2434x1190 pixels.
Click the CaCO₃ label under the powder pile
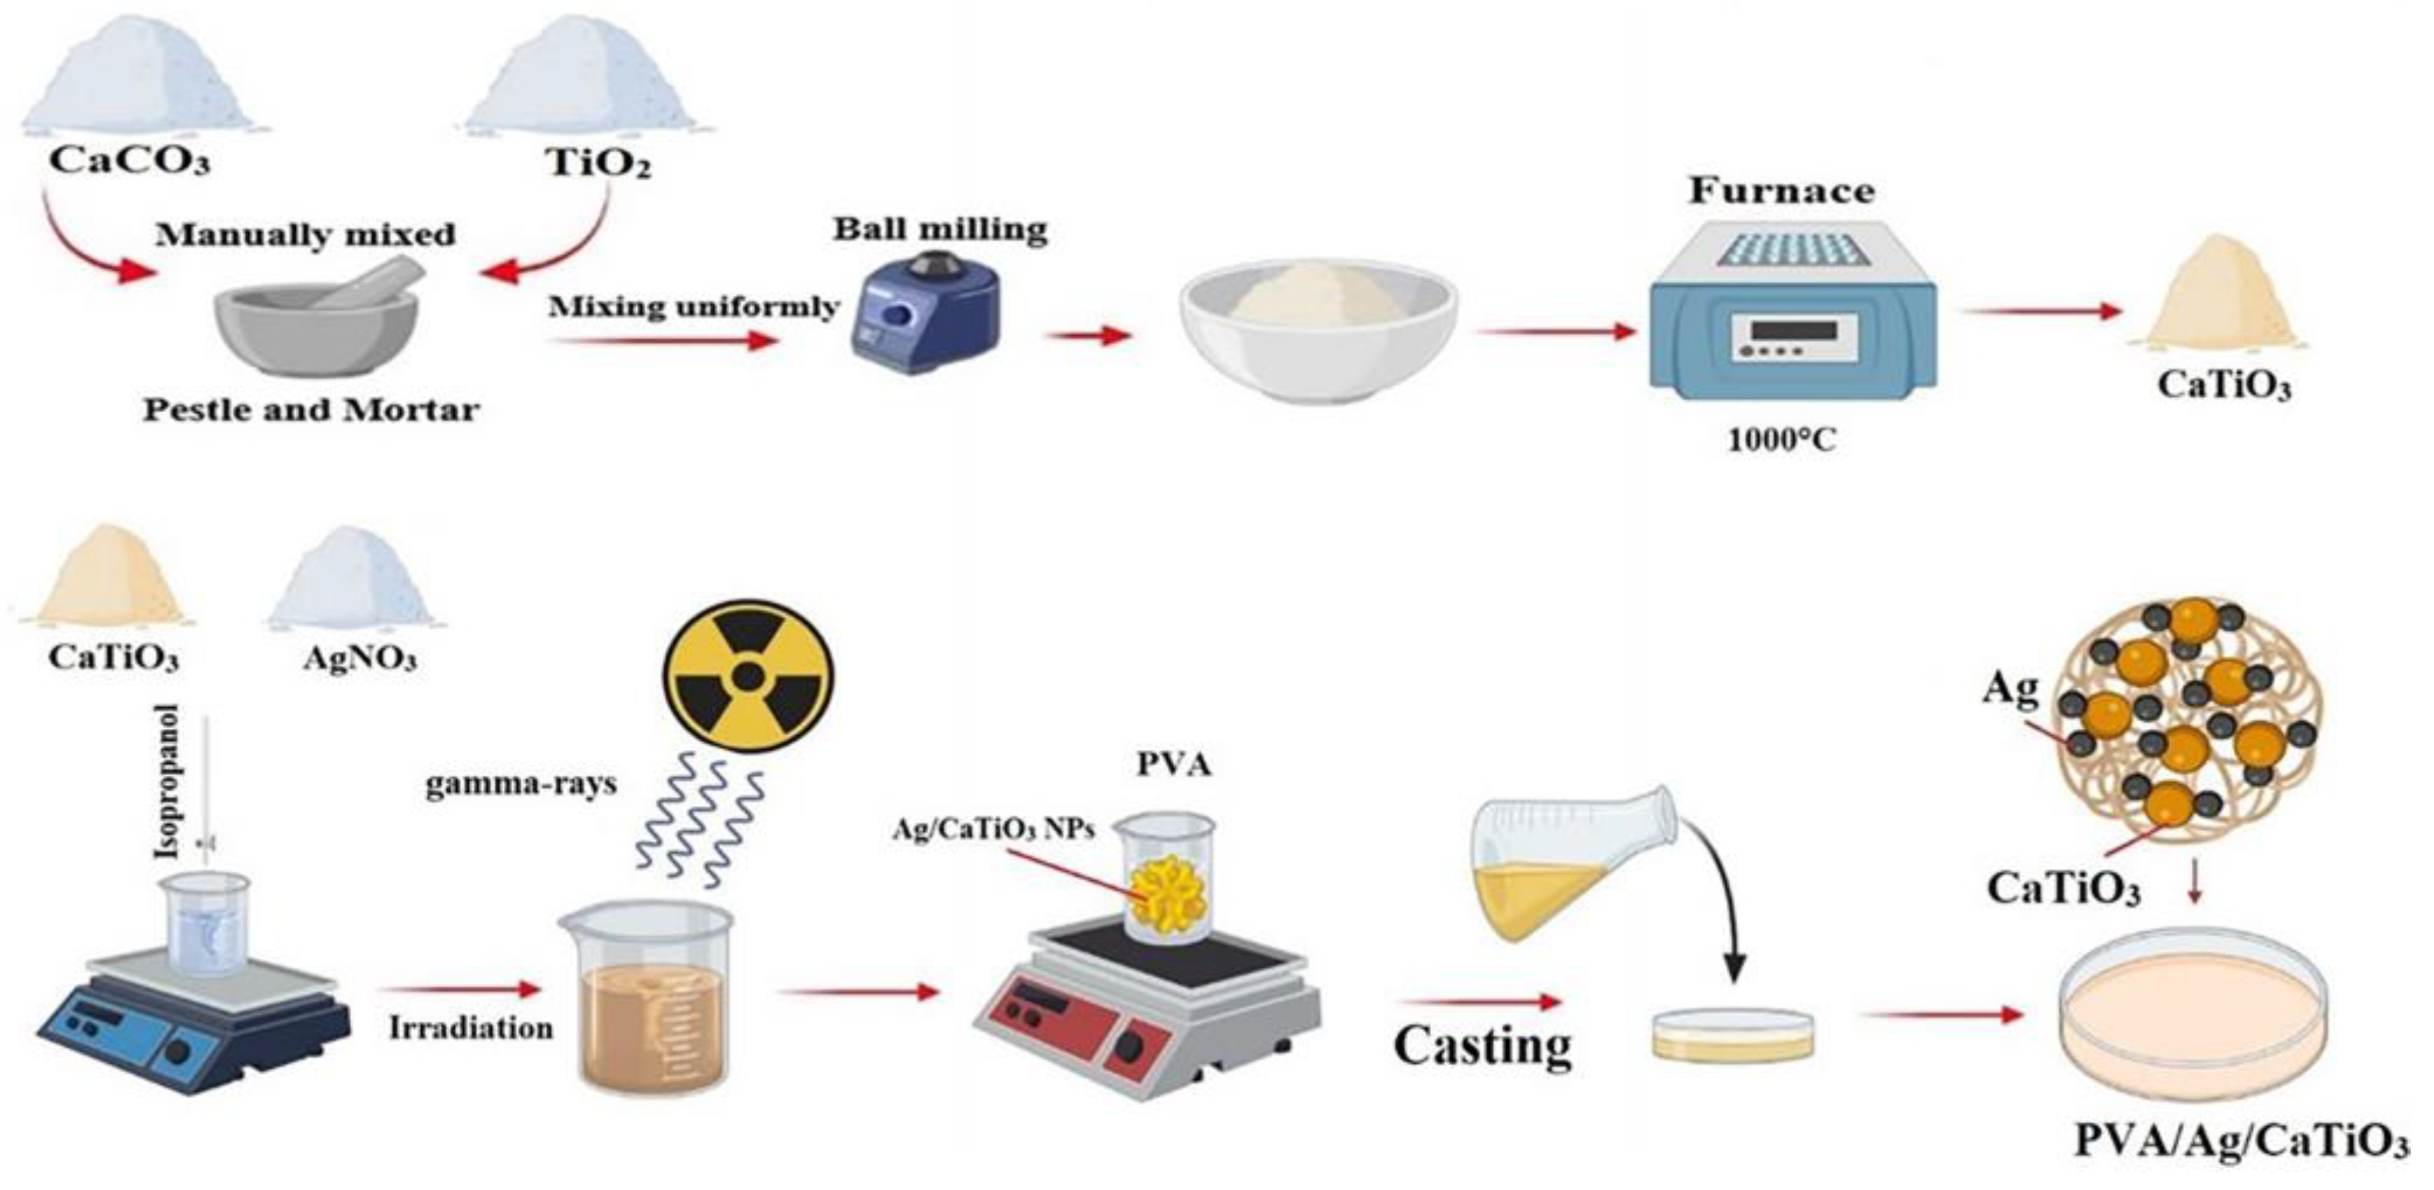point(129,160)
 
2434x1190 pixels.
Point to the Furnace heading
point(1781,191)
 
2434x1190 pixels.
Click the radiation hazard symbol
point(748,677)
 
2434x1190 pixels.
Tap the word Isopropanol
point(169,780)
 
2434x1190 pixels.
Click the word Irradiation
point(470,1027)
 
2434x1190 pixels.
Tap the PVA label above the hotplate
point(1173,764)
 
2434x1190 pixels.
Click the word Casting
point(1482,1045)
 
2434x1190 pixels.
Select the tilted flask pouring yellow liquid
point(1568,860)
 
